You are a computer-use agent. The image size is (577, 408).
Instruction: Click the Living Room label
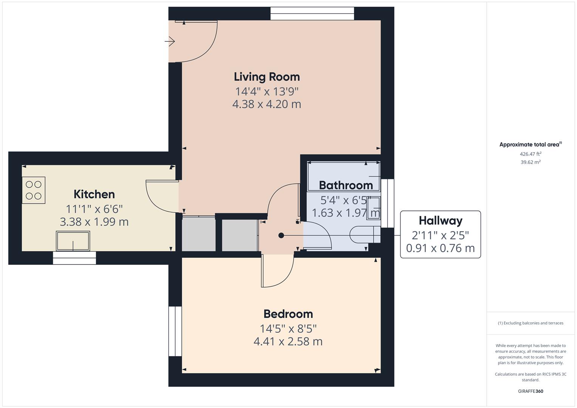pyautogui.click(x=267, y=77)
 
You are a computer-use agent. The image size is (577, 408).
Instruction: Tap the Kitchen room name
pyautogui.click(x=94, y=194)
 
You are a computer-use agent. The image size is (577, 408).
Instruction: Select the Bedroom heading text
pyautogui.click(x=288, y=314)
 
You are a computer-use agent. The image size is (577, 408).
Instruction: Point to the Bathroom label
pyautogui.click(x=346, y=185)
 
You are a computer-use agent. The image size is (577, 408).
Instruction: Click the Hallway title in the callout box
pyautogui.click(x=441, y=221)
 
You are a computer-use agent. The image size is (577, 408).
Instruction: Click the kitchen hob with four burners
pyautogui.click(x=34, y=190)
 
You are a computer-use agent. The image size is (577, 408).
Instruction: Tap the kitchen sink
pyautogui.click(x=73, y=241)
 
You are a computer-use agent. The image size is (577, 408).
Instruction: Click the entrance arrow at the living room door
pyautogui.click(x=170, y=41)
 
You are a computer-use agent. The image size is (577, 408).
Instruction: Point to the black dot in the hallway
pyautogui.click(x=281, y=235)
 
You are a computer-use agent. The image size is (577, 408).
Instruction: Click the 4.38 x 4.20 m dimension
pyautogui.click(x=267, y=104)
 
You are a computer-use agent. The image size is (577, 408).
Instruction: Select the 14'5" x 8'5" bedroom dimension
pyautogui.click(x=288, y=329)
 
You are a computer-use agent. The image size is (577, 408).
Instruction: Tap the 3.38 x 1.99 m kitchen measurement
pyautogui.click(x=94, y=222)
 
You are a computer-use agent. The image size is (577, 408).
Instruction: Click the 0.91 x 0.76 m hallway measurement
pyautogui.click(x=441, y=248)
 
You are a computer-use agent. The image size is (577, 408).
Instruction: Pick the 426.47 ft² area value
pyautogui.click(x=531, y=154)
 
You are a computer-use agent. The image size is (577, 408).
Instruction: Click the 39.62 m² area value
pyautogui.click(x=531, y=162)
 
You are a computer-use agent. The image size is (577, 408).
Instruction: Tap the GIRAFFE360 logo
pyautogui.click(x=531, y=391)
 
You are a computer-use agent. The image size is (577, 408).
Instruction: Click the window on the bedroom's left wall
pyautogui.click(x=175, y=331)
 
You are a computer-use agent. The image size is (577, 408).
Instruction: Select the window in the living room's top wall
pyautogui.click(x=312, y=13)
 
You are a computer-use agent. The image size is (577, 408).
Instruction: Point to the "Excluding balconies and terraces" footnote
pyautogui.click(x=531, y=323)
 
